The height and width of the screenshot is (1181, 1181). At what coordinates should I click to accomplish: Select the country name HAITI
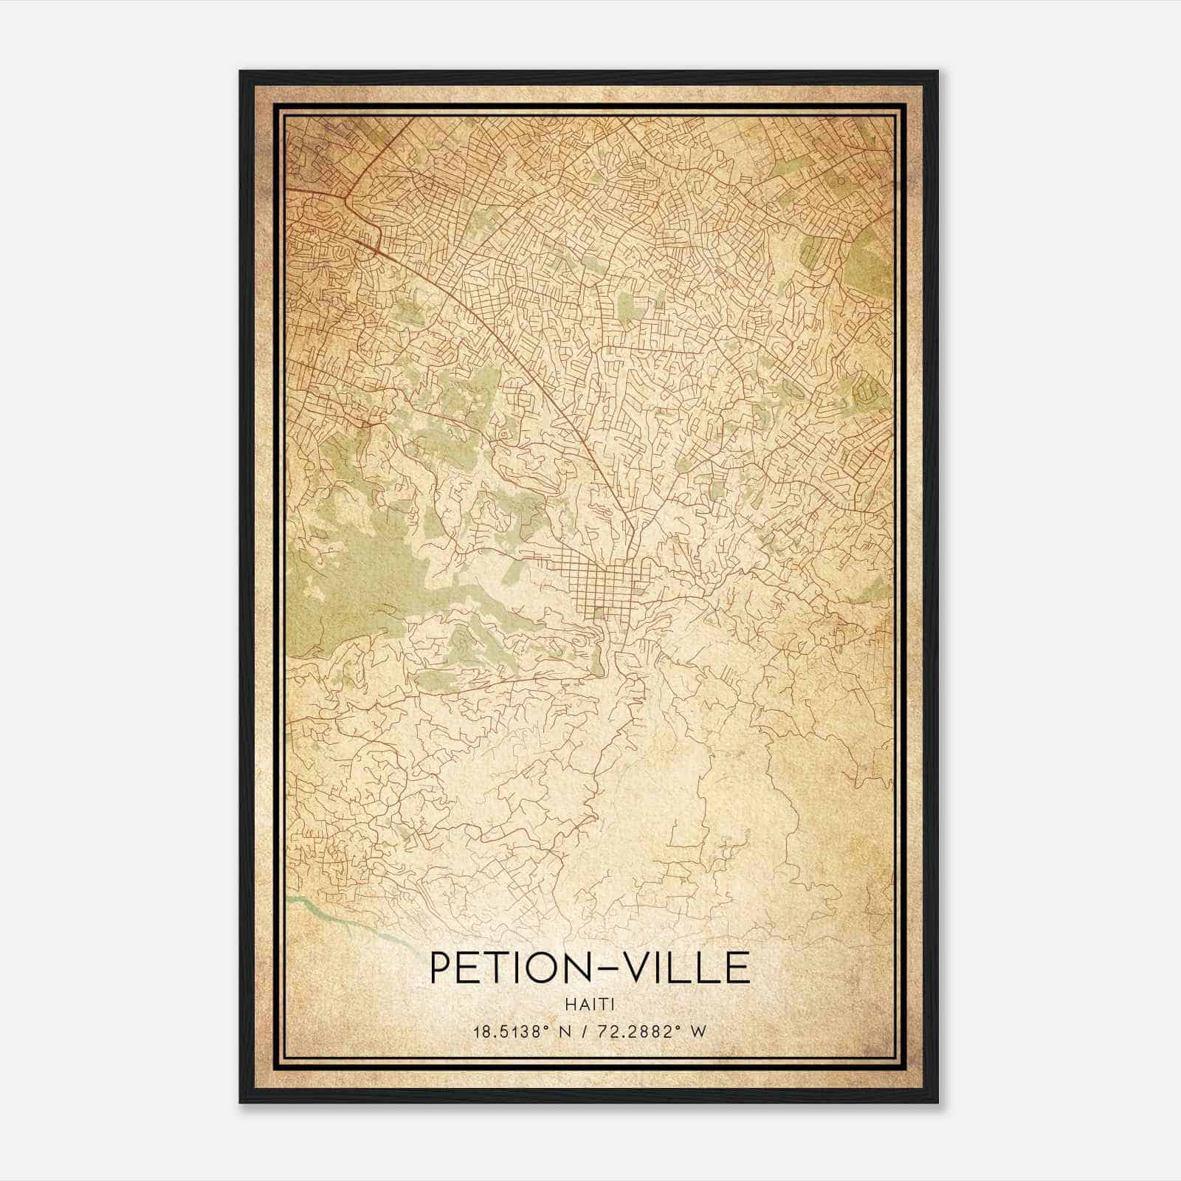(x=589, y=1004)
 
